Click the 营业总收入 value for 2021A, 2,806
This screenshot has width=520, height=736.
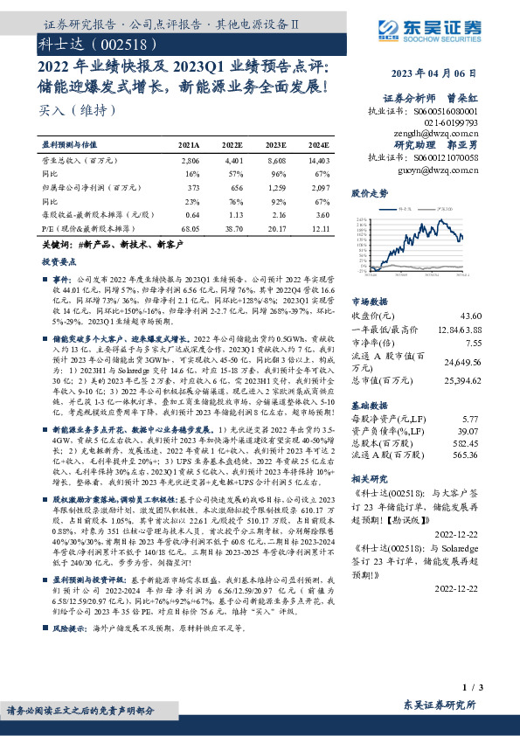[191, 162]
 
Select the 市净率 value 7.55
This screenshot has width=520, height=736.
[472, 344]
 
